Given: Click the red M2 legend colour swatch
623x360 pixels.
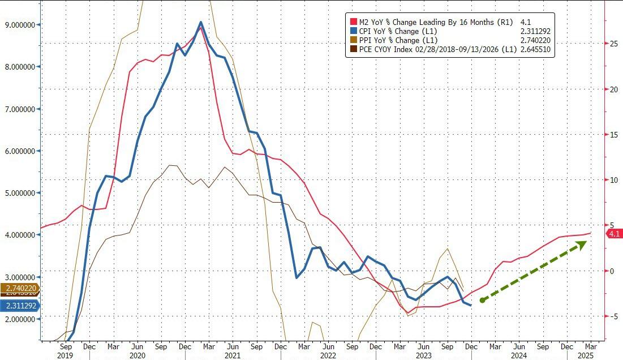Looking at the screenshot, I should pos(354,22).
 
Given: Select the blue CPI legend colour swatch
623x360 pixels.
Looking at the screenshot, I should pos(354,31).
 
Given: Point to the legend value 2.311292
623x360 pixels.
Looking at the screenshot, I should pos(535,32).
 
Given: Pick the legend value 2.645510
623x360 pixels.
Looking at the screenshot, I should pos(535,50).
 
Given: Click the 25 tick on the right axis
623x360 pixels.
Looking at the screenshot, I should pos(613,43).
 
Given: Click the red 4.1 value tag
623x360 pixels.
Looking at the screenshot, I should pos(615,234).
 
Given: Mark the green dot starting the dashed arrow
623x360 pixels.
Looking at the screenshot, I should pos(482,300).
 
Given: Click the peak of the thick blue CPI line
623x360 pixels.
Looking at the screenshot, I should pos(201,23).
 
